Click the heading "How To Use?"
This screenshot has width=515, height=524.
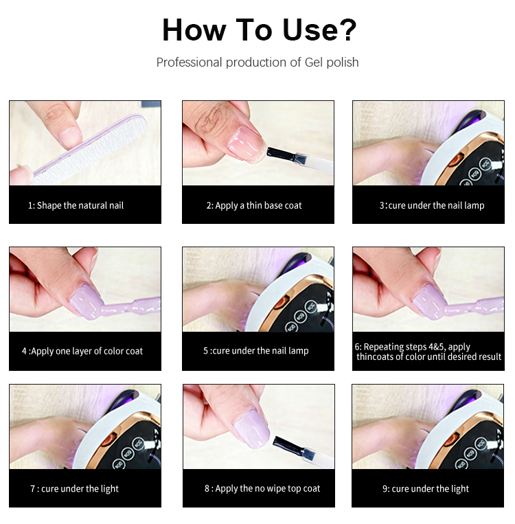[x=259, y=30]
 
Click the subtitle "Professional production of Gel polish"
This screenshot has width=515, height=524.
[x=257, y=62]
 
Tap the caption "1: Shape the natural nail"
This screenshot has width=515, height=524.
[x=76, y=205]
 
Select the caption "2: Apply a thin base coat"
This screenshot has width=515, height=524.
[x=254, y=205]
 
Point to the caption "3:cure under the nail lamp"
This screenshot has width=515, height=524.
[x=431, y=205]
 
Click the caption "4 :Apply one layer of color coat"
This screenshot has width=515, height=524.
[x=82, y=351]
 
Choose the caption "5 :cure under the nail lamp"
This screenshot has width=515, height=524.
[x=255, y=351]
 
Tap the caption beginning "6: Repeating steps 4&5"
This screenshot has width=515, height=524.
[x=428, y=352]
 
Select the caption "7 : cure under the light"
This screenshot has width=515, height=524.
[x=74, y=489]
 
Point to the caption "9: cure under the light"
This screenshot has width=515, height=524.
[x=426, y=489]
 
